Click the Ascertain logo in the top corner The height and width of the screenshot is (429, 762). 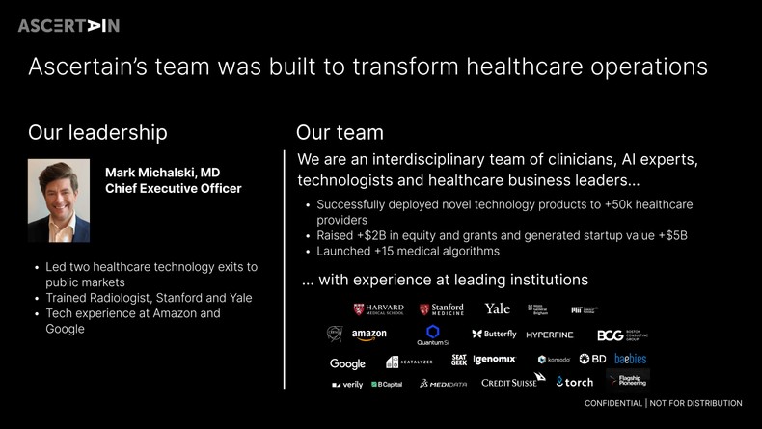[x=68, y=26]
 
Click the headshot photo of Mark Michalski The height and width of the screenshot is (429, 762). [x=59, y=201]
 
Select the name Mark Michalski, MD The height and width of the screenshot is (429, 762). [x=162, y=173]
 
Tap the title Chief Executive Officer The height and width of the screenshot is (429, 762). [x=173, y=189]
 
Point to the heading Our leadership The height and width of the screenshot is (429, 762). [x=97, y=132]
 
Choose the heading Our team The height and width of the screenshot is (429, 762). [x=340, y=132]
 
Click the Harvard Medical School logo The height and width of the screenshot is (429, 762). [x=378, y=309]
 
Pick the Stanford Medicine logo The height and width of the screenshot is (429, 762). [x=442, y=309]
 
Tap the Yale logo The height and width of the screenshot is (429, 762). [x=498, y=308]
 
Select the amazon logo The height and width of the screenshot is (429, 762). [x=368, y=335]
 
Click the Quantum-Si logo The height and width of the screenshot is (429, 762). [x=433, y=335]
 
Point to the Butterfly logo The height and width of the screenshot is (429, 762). [x=494, y=335]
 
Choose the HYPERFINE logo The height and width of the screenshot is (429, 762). [x=550, y=335]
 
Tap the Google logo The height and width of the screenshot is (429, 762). [x=347, y=363]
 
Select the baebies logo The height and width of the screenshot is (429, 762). [x=631, y=359]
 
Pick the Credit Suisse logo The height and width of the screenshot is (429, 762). [x=509, y=383]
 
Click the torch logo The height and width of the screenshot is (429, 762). [x=575, y=383]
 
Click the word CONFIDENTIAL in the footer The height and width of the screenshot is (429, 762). [x=613, y=403]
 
